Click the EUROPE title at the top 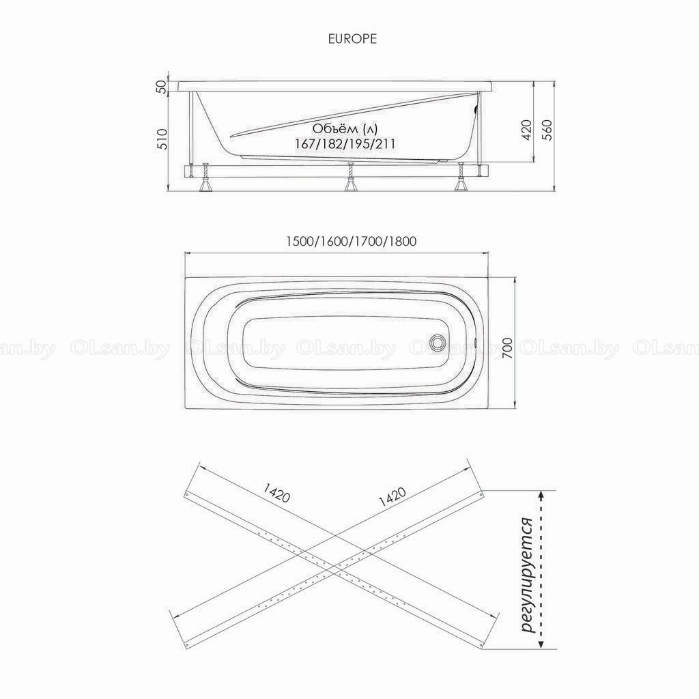pyautogui.click(x=352, y=39)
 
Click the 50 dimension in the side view pyautogui.click(x=162, y=86)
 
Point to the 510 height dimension pyautogui.click(x=162, y=139)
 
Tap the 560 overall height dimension pyautogui.click(x=547, y=130)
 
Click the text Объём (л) pyautogui.click(x=345, y=129)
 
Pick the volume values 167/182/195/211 pyautogui.click(x=345, y=144)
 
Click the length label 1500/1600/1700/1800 pyautogui.click(x=351, y=242)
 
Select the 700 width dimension pyautogui.click(x=507, y=349)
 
